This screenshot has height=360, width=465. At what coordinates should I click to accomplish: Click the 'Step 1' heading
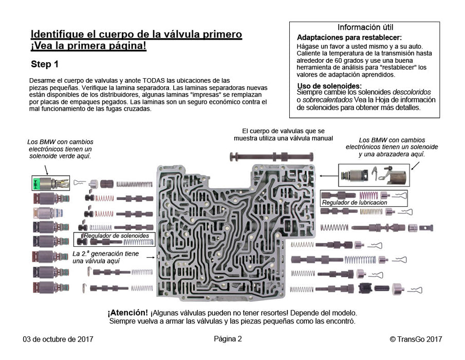pyautogui.click(x=45, y=65)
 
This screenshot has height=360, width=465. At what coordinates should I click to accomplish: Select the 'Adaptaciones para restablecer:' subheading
pyautogui.click(x=349, y=38)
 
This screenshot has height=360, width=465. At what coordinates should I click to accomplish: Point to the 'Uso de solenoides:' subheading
pyautogui.click(x=329, y=85)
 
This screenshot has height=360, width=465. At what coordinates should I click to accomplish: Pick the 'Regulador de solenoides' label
pyautogui.click(x=116, y=236)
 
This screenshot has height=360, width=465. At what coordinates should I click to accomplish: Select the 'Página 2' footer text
pyautogui.click(x=228, y=338)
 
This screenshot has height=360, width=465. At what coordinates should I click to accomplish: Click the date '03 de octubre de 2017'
pyautogui.click(x=58, y=339)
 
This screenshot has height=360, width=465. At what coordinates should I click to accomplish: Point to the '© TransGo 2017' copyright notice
pyautogui.click(x=416, y=339)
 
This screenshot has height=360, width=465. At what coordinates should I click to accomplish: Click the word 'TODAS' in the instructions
pyautogui.click(x=156, y=80)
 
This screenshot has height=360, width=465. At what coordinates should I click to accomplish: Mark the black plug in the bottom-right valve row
pyautogui.click(x=365, y=289)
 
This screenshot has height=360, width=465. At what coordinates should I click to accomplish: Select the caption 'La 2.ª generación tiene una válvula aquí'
pyautogui.click(x=105, y=258)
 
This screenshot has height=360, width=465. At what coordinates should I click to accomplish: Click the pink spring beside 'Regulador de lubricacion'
pyautogui.click(x=368, y=195)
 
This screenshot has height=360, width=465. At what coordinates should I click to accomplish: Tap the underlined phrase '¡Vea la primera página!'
pyautogui.click(x=88, y=46)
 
